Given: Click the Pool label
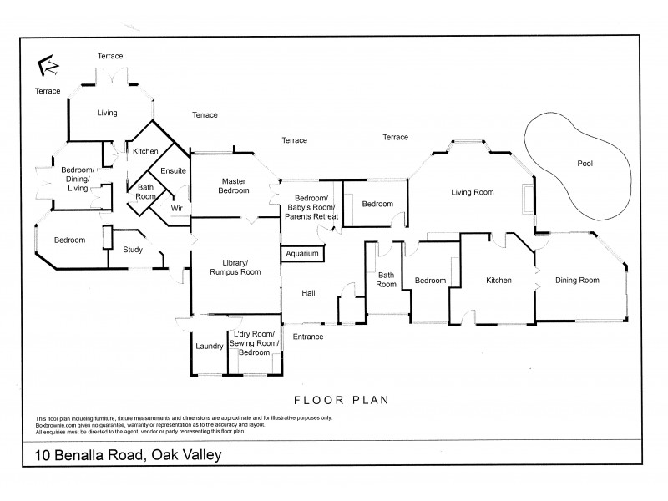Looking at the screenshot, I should [x=584, y=164].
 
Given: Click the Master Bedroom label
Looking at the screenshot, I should [x=235, y=185].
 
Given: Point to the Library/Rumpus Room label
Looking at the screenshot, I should [x=235, y=265].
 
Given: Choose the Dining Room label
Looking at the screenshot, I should [x=578, y=280].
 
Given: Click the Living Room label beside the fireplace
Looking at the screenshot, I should [x=473, y=192].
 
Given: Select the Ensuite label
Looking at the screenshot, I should [x=173, y=170].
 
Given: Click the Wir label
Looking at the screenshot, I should [x=176, y=207].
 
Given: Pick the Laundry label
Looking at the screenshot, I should [x=208, y=346].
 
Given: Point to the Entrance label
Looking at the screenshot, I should [x=307, y=337].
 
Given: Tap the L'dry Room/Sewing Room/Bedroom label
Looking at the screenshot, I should [x=255, y=343].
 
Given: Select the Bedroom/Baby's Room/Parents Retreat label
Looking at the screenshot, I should [x=310, y=207].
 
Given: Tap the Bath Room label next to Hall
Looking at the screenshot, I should [x=386, y=279].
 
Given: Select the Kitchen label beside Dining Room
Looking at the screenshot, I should [x=499, y=280].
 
